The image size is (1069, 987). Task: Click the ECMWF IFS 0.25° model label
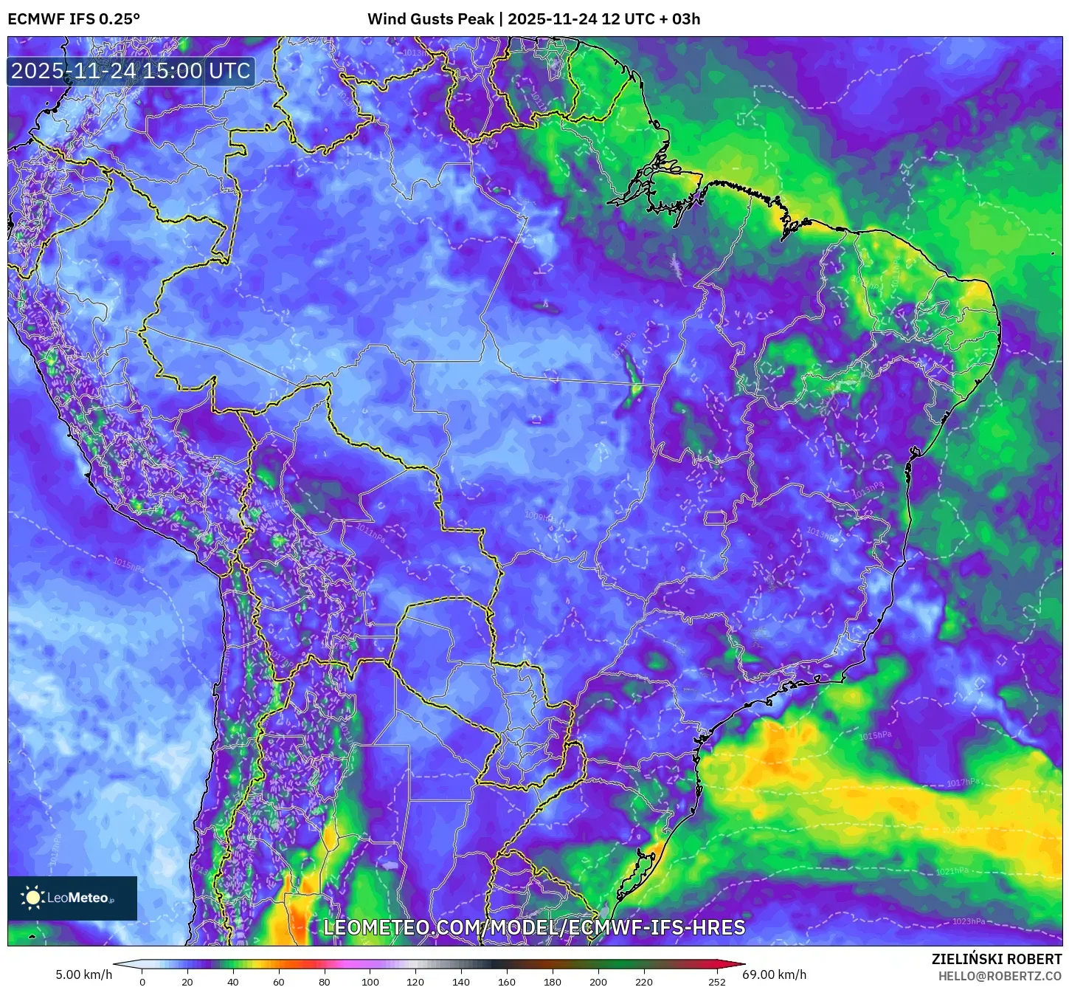74,19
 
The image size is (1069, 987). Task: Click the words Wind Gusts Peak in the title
430,19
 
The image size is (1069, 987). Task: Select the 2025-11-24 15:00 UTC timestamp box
131,71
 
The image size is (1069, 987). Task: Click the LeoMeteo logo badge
72,898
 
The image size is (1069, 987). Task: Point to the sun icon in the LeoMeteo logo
32,898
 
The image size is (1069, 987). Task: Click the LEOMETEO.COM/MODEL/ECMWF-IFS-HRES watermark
534,927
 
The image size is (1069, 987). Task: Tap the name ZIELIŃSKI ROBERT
996,959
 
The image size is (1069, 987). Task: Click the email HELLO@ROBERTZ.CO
1000,976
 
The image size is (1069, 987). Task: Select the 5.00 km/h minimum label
83,974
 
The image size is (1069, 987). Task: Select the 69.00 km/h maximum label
774,974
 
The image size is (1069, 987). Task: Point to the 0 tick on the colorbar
142,982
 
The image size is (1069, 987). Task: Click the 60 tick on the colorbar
279,982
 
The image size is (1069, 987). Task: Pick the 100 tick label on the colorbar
370,982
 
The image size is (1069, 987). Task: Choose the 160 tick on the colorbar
507,982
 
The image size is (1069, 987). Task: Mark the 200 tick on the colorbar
598,982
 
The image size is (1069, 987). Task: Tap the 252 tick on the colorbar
716,982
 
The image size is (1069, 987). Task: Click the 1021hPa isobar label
952,871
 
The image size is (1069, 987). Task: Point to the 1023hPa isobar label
968,921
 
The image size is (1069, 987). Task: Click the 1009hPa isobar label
539,517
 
